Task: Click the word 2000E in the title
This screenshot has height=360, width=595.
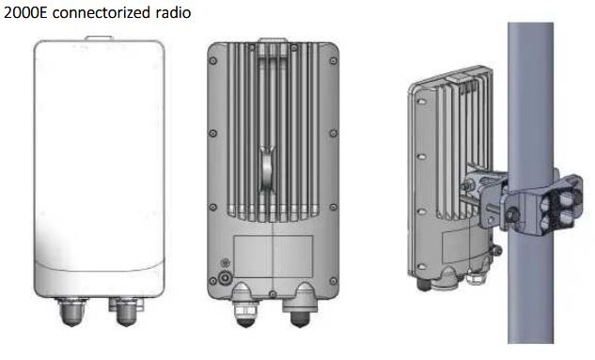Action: click(25, 13)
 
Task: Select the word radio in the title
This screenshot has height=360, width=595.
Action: click(173, 13)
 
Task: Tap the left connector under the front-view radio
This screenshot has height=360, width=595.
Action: click(72, 312)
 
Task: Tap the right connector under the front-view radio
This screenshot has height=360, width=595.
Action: click(126, 312)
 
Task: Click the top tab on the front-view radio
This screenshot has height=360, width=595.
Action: click(99, 39)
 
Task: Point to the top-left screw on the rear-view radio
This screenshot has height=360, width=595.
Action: click(212, 60)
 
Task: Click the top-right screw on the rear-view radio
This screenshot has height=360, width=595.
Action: click(334, 60)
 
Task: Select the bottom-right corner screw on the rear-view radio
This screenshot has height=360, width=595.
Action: click(334, 281)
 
